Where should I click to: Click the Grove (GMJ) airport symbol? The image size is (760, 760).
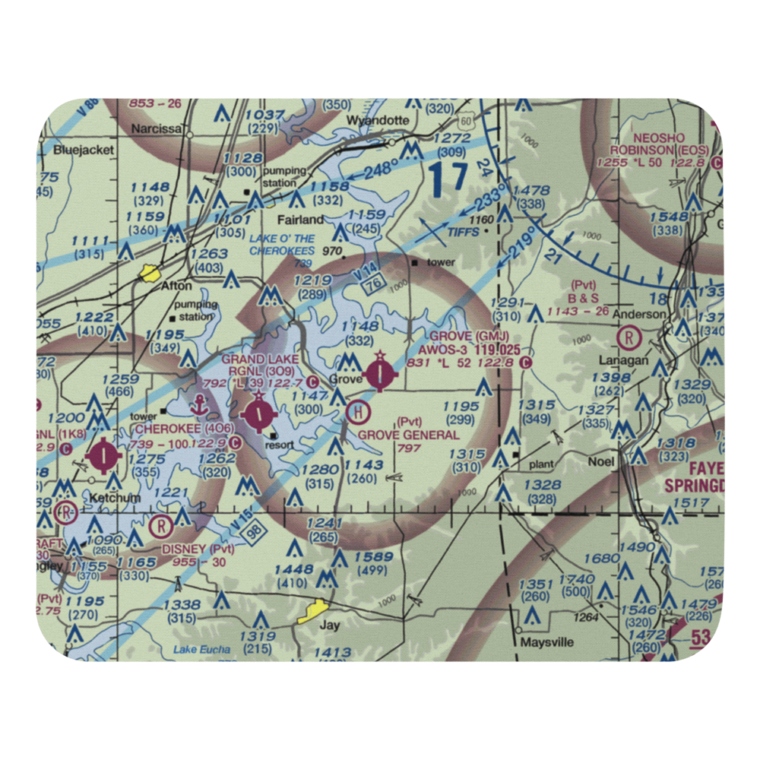(x=380, y=373)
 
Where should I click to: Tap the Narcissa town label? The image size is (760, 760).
(x=156, y=129)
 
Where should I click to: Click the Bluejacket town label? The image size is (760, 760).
(x=84, y=150)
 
